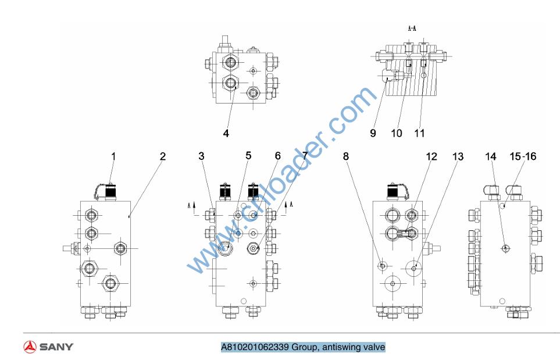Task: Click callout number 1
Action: pyautogui.click(x=114, y=156)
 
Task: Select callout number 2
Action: pyautogui.click(x=163, y=156)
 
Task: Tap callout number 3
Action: pyautogui.click(x=201, y=156)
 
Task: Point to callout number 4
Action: pyautogui.click(x=226, y=133)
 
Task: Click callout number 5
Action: pyautogui.click(x=248, y=156)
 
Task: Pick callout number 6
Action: pyautogui.click(x=277, y=156)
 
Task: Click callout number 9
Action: pyautogui.click(x=373, y=133)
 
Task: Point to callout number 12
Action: pyautogui.click(x=431, y=156)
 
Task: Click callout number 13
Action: pyautogui.click(x=458, y=156)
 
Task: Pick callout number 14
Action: pyautogui.click(x=491, y=156)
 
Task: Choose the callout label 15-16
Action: pyautogui.click(x=523, y=156)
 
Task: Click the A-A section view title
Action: pyautogui.click(x=412, y=28)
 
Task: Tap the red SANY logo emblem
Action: pyautogui.click(x=30, y=347)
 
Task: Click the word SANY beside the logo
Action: pyautogui.click(x=56, y=347)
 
